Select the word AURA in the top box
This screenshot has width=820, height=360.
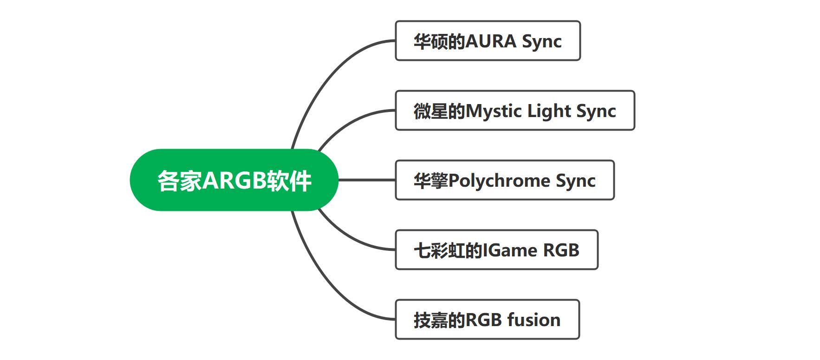point(491,41)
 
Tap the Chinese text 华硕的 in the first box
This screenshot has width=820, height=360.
point(439,41)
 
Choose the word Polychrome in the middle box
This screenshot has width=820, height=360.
point(499,181)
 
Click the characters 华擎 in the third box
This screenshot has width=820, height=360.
point(430,181)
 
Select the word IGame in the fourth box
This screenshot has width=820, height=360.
point(510,250)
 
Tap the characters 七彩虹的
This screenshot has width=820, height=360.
point(448,250)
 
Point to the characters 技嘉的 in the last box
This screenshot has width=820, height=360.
point(439,320)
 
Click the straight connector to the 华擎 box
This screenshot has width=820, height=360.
point(367,180)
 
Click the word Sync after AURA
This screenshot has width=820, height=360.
point(542,42)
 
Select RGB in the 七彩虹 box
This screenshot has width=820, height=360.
point(561,250)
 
